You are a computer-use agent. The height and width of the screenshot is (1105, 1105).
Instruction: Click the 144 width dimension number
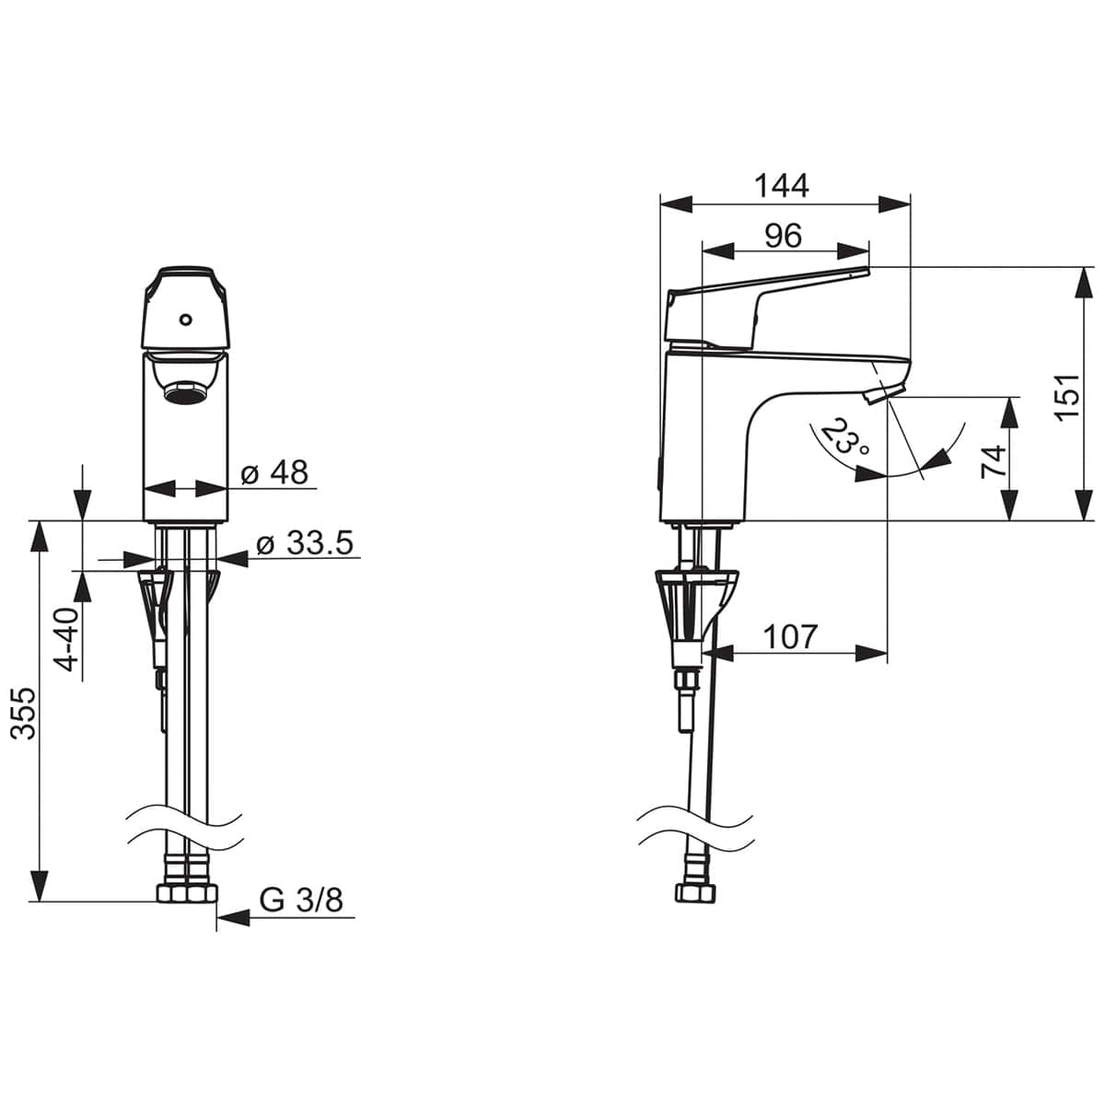[781, 185]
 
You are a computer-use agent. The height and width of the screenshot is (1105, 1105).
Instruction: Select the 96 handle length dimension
[784, 235]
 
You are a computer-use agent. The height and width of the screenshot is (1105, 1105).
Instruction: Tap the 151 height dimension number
[1068, 398]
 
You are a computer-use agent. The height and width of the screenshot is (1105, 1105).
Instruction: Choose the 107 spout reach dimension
[790, 636]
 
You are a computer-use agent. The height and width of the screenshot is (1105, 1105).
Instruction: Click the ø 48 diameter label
[274, 472]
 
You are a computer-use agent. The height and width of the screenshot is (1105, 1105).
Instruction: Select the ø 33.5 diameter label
[305, 542]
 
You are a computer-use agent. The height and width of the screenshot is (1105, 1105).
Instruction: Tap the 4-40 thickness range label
[67, 639]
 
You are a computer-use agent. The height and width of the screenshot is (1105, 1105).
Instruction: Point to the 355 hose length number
[24, 721]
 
